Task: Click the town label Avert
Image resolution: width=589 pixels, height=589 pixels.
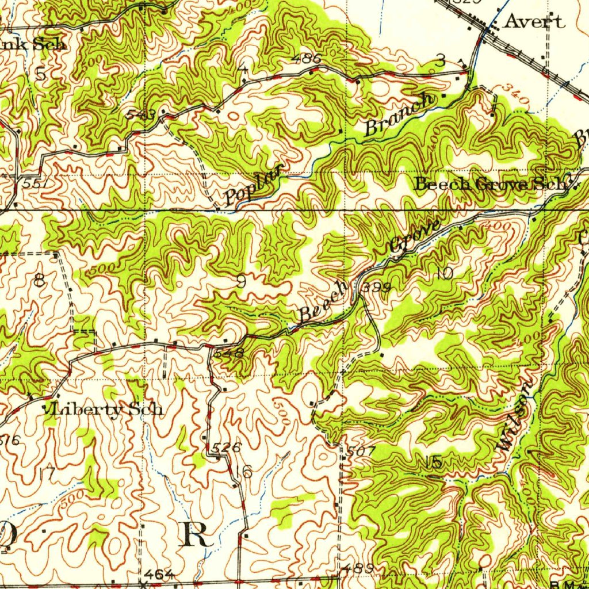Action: point(534,22)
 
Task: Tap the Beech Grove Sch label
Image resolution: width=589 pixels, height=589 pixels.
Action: point(492,185)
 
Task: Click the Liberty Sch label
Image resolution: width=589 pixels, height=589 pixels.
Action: point(105,410)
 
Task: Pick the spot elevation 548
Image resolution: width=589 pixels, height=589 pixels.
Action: point(228,353)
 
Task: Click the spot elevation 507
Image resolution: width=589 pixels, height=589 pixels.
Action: point(361,452)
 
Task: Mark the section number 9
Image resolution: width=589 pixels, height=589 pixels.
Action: point(242,281)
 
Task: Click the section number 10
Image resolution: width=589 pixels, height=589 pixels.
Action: point(445,273)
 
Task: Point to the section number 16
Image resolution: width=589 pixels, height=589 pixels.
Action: point(244,472)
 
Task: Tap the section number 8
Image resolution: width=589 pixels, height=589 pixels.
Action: point(39,281)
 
